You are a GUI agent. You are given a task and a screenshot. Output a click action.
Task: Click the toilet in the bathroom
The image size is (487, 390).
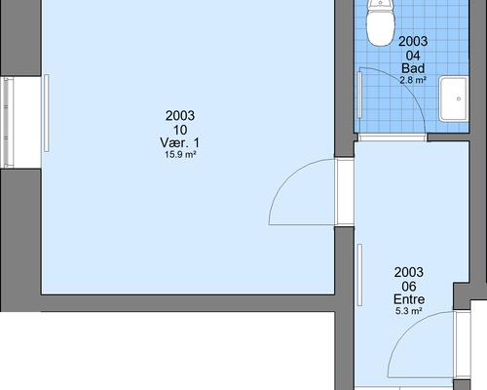coord(381,22)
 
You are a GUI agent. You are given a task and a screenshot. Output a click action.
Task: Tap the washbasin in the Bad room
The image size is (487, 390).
coord(454,98)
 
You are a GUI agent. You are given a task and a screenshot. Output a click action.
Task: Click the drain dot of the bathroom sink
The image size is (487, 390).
coord(459,98)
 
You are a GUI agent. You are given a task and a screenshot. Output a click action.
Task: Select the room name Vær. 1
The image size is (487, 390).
coord(180,142)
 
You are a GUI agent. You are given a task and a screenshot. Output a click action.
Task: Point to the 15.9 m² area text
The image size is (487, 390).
coord(180,155)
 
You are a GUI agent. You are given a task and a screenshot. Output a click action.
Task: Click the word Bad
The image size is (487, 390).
coord(413,68)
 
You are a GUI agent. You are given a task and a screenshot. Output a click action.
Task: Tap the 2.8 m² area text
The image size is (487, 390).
coord(413,80)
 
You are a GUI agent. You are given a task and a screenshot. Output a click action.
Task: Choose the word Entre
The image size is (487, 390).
coord(409,299)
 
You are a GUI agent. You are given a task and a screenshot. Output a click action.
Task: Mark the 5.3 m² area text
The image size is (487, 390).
coord(409,311)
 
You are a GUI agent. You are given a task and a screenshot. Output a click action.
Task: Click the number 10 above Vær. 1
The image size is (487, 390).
coord(180,130)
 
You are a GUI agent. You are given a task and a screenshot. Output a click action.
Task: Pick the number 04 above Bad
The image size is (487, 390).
coord(413,56)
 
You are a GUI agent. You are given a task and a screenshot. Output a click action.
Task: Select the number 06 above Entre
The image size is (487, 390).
coord(409,287)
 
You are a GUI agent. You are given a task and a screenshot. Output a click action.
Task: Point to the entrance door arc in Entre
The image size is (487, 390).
coord(405,330)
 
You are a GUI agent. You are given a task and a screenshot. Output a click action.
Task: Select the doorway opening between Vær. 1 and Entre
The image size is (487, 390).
coord(345,192)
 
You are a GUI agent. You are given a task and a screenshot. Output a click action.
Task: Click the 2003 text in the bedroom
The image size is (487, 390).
coord(180,116)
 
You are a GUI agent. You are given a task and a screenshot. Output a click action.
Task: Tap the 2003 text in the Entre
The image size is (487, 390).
coord(409,272)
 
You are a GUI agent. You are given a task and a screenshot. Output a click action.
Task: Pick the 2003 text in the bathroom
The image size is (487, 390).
coord(413,41)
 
